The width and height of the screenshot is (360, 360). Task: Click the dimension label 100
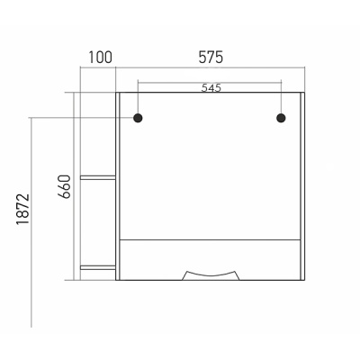(100, 58)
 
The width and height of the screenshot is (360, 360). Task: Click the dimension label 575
(211, 58)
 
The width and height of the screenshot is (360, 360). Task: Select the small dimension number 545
(211, 88)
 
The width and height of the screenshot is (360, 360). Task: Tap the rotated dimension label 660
(64, 186)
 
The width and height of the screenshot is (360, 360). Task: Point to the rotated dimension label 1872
(23, 210)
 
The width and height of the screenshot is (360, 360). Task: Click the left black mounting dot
(138, 118)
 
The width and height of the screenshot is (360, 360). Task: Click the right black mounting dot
(281, 118)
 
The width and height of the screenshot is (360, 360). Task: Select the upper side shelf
(98, 177)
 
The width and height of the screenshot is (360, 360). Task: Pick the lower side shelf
(98, 267)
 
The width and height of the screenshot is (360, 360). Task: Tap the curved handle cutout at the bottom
(211, 274)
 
